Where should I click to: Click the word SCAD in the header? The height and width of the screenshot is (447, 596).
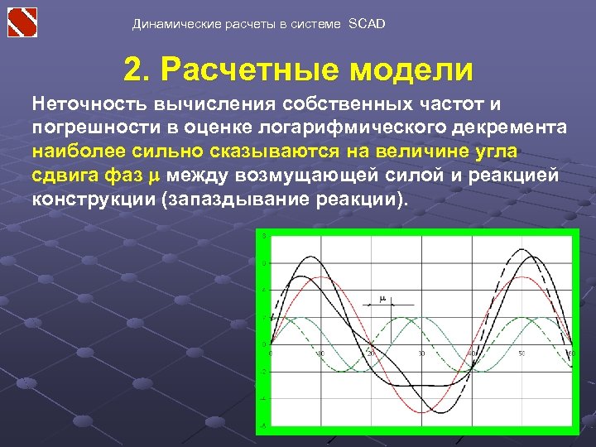[367, 24]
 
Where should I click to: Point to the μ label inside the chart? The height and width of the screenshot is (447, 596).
[382, 298]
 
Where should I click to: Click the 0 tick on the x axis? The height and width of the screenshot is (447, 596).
[272, 353]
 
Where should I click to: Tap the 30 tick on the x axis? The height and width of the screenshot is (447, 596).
[421, 353]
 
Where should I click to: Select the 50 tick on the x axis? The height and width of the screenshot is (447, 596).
[521, 353]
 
